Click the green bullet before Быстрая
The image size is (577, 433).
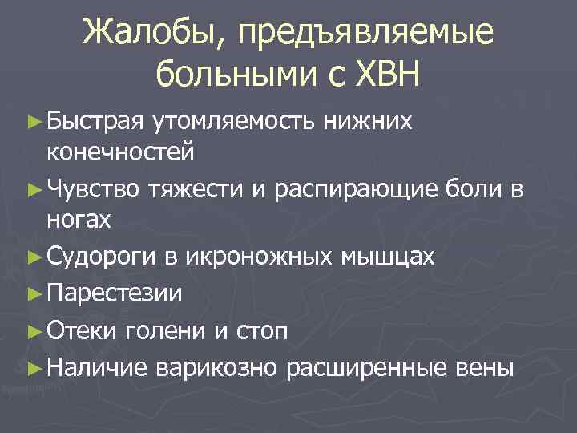[34, 121]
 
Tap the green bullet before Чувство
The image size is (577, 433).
[34, 189]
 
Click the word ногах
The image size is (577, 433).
[79, 219]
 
